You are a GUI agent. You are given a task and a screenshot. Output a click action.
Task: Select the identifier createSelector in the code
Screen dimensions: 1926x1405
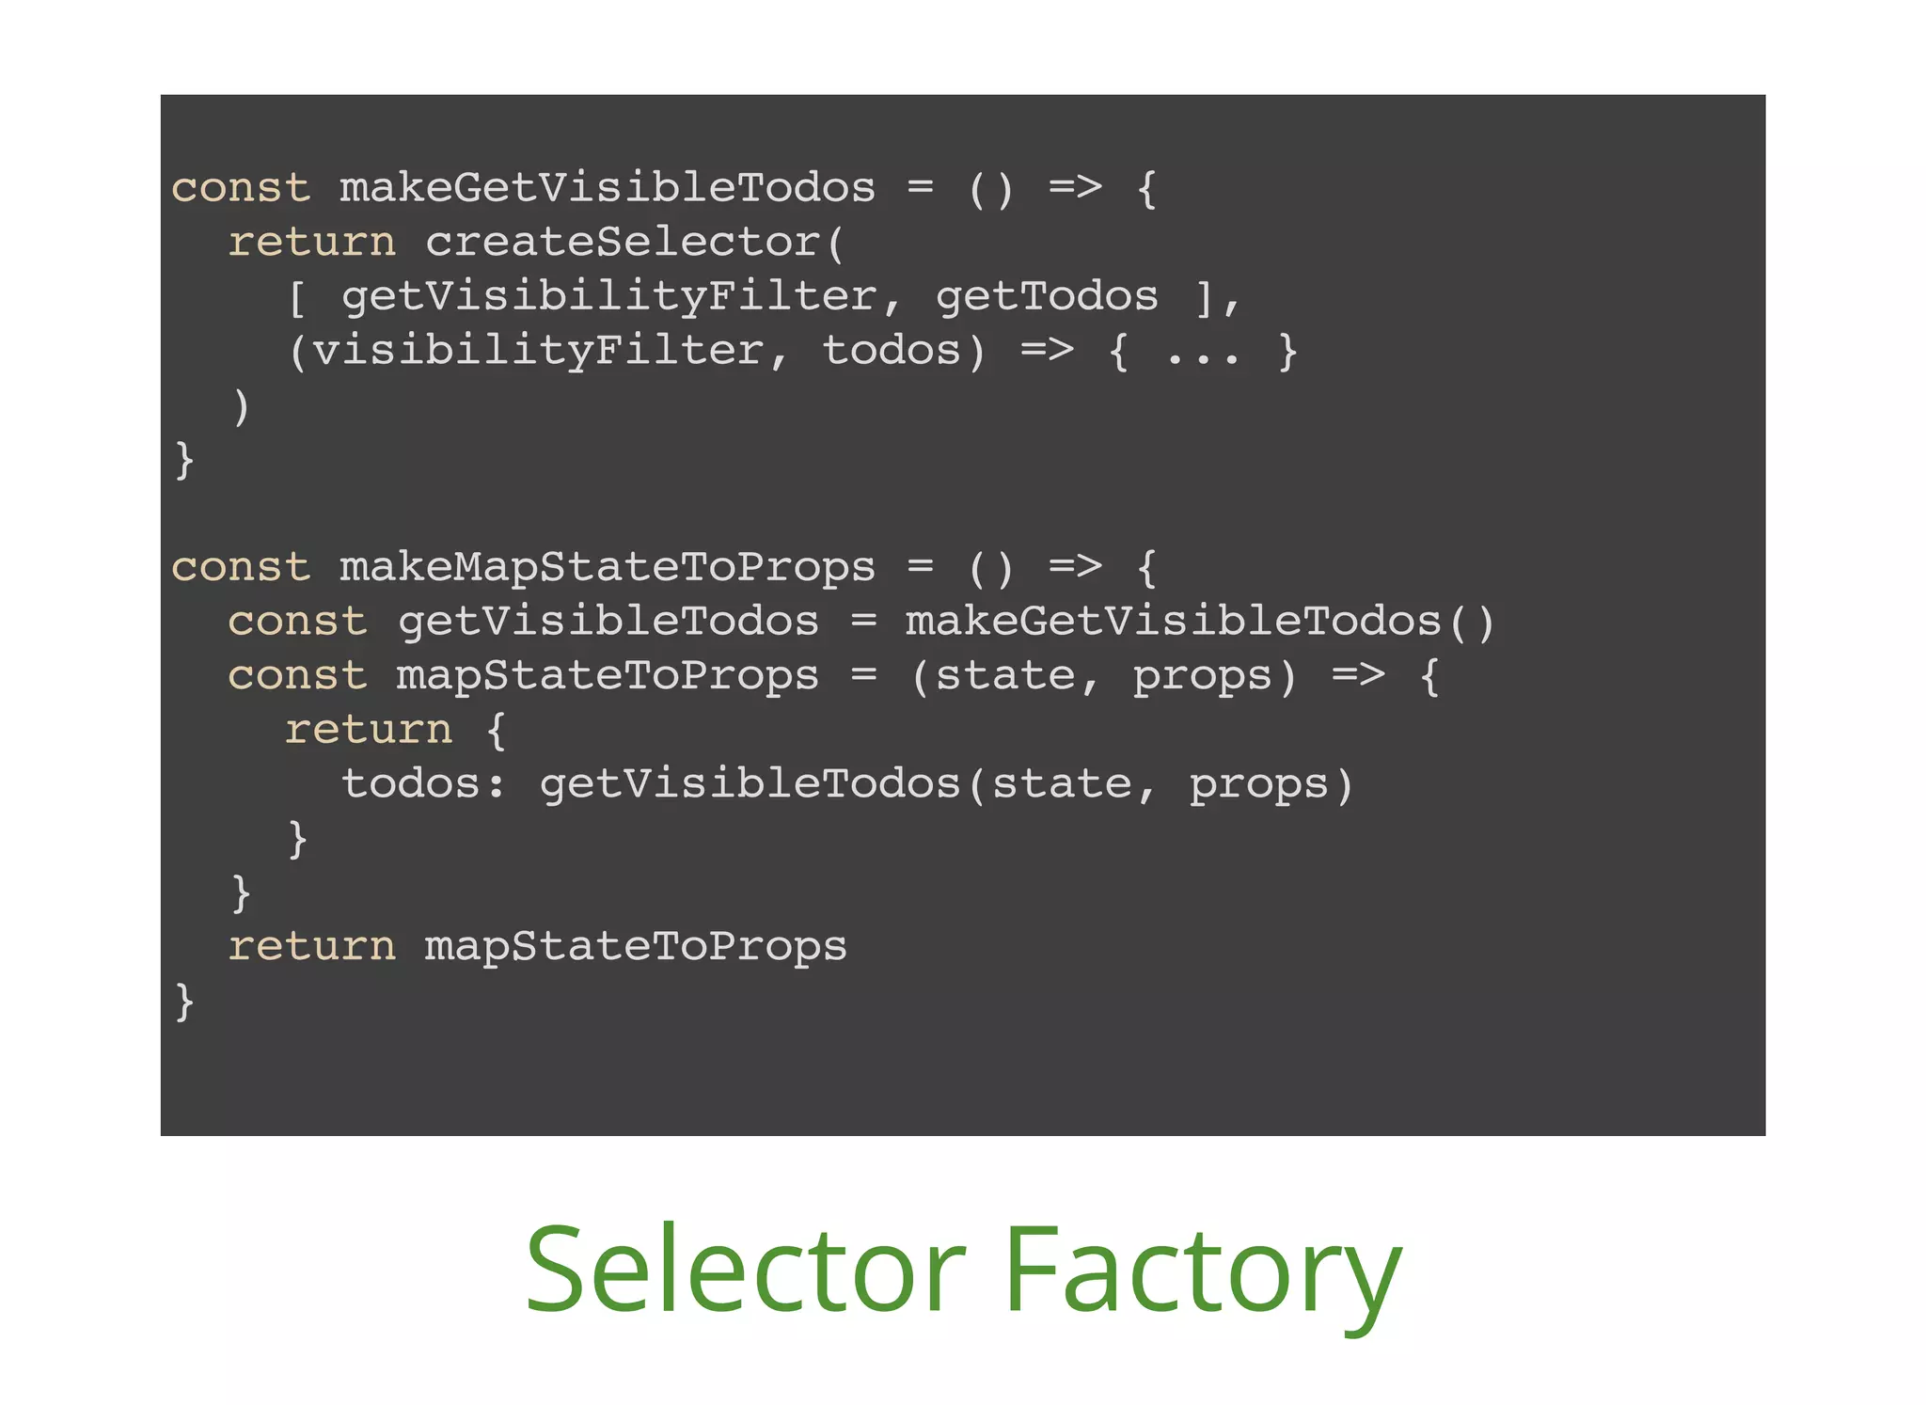tap(624, 243)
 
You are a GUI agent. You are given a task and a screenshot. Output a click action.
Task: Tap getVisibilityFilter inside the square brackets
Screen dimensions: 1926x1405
tap(609, 297)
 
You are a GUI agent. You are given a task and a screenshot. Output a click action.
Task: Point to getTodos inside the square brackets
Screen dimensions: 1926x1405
tap(1047, 297)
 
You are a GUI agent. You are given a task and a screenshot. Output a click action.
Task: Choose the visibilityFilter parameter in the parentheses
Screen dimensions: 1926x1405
tap(539, 352)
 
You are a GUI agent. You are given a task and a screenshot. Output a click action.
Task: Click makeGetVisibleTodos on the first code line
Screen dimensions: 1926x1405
tap(608, 188)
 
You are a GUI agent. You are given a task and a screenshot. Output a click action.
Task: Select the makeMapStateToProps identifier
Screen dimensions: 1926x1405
tap(608, 568)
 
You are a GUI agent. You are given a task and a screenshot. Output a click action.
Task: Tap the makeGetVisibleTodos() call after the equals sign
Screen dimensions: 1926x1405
tap(1200, 623)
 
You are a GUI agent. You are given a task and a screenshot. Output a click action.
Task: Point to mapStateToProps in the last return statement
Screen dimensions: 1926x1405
tap(636, 947)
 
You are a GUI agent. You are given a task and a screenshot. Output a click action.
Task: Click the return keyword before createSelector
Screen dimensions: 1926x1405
tap(312, 243)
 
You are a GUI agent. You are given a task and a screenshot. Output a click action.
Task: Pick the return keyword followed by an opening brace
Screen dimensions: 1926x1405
tap(369, 731)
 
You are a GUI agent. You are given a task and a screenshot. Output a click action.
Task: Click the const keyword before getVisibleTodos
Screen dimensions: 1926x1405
tap(297, 623)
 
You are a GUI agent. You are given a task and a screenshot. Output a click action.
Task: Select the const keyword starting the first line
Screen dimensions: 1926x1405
tap(241, 188)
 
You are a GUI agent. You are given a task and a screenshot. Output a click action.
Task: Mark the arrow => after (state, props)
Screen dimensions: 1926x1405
tap(1358, 675)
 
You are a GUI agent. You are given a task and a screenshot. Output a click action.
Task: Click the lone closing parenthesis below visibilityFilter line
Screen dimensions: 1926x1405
tap(242, 406)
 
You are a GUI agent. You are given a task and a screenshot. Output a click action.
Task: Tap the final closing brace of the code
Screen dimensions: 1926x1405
tap(184, 1001)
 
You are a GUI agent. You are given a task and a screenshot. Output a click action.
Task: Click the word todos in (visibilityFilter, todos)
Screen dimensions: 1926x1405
tap(891, 352)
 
